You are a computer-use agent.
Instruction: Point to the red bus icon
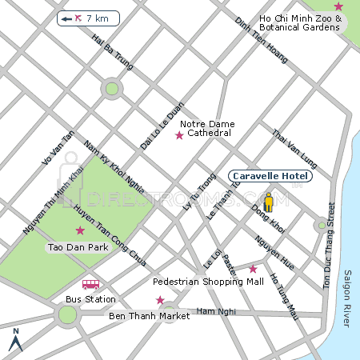[x=90, y=285]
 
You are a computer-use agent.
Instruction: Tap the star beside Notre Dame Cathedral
[x=179, y=136]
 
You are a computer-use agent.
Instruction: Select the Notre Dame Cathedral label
[x=206, y=128]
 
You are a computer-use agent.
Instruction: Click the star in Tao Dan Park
[x=80, y=231]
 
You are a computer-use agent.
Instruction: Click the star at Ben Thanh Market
[x=160, y=301]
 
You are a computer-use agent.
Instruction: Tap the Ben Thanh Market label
[x=149, y=316]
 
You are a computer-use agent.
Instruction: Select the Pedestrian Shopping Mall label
[x=208, y=282]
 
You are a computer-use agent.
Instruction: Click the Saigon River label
[x=347, y=298]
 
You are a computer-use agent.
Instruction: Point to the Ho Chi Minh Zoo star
[x=338, y=6]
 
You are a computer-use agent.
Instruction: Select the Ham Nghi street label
[x=213, y=310]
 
